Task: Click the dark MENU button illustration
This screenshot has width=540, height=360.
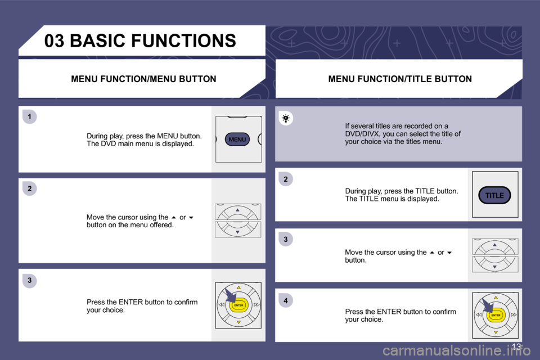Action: point(237,139)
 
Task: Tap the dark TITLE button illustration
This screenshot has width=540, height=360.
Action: point(494,195)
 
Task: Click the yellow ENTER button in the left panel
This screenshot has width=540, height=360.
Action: point(238,305)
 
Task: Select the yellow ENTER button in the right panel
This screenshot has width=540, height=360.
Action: point(496,315)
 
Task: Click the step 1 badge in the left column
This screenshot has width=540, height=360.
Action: point(30,117)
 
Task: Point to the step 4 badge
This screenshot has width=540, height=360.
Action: point(286,301)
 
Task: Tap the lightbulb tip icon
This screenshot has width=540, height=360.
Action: point(286,119)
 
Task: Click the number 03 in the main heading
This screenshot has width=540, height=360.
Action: point(54,40)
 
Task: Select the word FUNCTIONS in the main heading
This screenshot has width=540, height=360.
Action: point(187,40)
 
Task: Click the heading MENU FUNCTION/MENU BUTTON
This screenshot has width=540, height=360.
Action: point(143,79)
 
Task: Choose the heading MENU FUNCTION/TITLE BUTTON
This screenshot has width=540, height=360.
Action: point(400,79)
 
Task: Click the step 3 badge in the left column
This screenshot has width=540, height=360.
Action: point(30,281)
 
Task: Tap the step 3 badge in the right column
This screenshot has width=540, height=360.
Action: point(286,240)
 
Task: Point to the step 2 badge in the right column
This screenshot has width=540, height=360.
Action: point(286,179)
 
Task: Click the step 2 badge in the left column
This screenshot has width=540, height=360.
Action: point(30,189)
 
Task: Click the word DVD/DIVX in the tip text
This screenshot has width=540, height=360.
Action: point(362,134)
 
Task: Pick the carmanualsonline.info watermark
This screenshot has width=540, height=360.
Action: point(456,351)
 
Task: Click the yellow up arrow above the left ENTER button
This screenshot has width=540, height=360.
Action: point(238,287)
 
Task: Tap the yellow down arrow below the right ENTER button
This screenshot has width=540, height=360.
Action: point(496,332)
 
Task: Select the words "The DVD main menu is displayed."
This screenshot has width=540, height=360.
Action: point(140,144)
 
